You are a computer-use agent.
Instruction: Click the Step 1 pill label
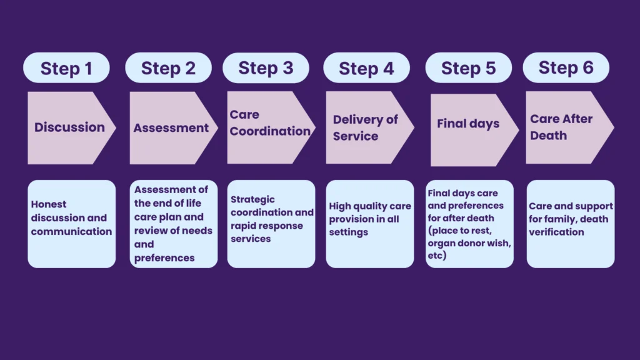tap(66, 68)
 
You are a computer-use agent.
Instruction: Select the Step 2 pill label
tap(168, 68)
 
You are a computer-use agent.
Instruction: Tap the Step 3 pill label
tap(266, 68)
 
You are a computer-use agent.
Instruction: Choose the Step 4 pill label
tap(366, 68)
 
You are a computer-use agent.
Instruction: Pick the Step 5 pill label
tap(468, 68)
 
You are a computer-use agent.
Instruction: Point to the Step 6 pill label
tap(566, 67)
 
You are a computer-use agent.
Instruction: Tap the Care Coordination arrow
tap(269, 127)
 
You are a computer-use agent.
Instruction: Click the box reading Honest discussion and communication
tap(71, 224)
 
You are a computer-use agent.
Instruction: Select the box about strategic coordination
tap(271, 224)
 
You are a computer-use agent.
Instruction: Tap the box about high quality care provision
tap(370, 224)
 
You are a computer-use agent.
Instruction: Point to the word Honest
tap(49, 204)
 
